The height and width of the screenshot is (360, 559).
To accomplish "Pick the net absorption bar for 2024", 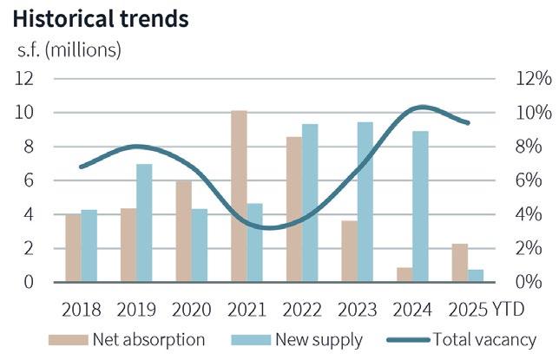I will click(404, 274).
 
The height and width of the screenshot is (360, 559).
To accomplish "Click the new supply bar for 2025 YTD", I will click(476, 276).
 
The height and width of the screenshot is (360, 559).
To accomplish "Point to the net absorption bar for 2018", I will click(73, 247).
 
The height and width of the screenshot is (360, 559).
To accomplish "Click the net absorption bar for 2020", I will click(183, 231).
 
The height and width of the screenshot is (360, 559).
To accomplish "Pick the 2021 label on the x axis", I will click(247, 309).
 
